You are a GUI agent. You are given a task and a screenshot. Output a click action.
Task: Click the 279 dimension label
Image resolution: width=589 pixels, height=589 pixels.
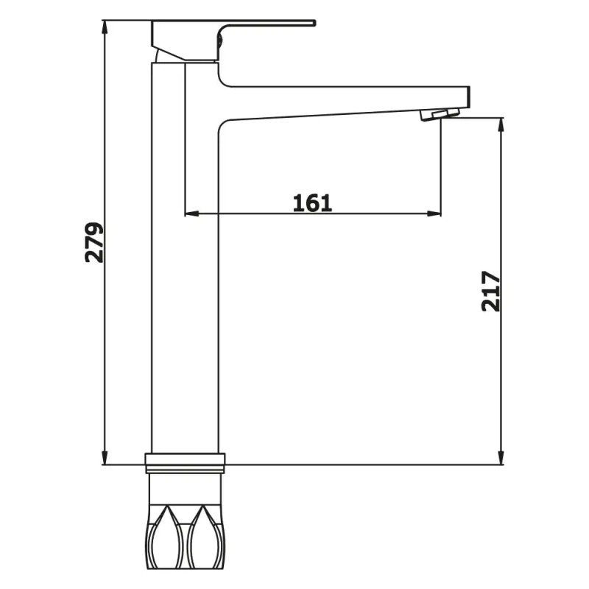pos(94,242)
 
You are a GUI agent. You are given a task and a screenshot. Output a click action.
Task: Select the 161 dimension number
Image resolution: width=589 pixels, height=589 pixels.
pos(312,203)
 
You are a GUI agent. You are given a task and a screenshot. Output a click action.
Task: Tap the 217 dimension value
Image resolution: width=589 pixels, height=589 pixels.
pos(491,291)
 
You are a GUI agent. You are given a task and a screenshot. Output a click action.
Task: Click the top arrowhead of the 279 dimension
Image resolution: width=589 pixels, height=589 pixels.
pos(105,28)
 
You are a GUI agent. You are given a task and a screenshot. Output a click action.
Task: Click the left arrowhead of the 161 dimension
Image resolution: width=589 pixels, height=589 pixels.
pos(192,214)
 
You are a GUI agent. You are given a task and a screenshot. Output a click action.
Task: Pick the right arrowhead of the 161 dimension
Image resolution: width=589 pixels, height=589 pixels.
pos(434,214)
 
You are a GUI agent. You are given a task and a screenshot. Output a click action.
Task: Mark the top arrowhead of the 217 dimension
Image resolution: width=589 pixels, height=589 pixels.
pos(501,126)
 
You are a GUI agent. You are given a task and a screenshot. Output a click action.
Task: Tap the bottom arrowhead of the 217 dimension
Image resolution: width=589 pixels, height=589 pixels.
pos(501,456)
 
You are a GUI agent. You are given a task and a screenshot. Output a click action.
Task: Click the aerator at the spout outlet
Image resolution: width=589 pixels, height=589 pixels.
pos(440,114)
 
